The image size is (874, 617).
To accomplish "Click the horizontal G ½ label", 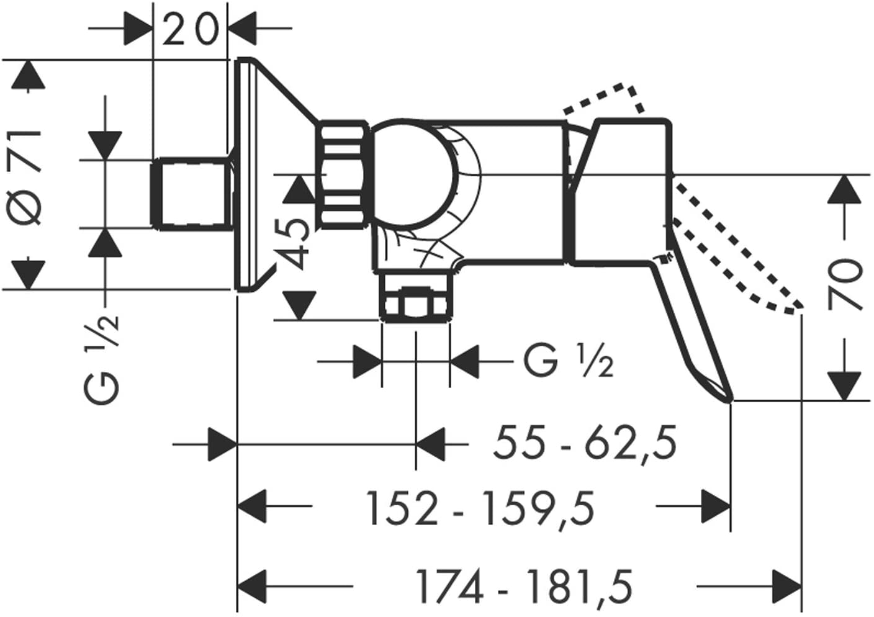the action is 569,361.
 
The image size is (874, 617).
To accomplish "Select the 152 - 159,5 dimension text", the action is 480,508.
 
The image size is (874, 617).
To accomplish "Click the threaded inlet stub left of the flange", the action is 191,193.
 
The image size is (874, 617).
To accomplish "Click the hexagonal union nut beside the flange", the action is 343,174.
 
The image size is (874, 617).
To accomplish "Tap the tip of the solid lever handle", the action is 729,400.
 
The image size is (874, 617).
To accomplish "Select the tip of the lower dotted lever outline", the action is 798,307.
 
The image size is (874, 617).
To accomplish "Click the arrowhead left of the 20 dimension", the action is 138,28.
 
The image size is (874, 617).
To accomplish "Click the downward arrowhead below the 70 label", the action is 845,386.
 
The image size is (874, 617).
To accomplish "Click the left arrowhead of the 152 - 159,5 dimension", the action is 253,506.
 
